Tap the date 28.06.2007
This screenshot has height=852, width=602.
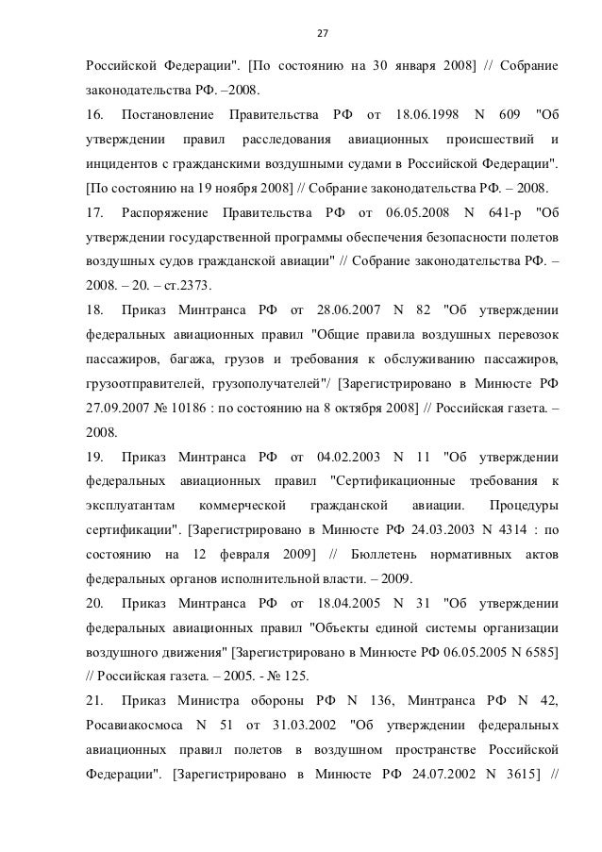(x=356, y=310)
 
